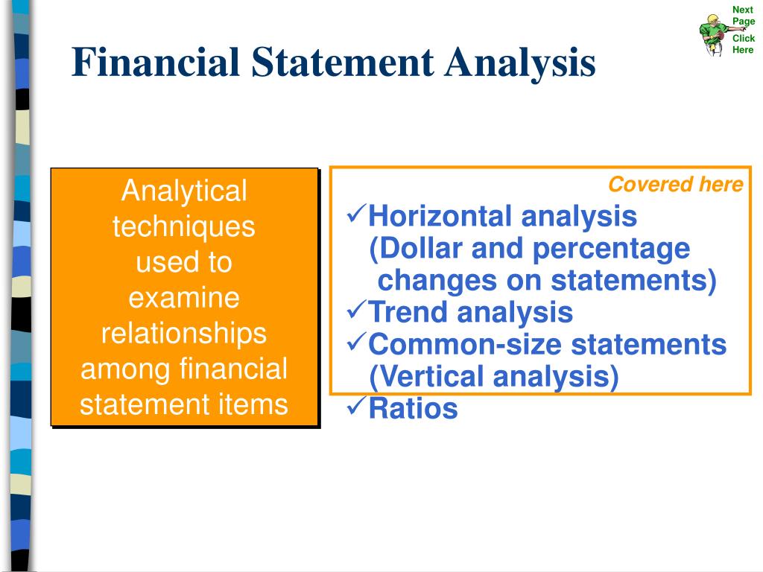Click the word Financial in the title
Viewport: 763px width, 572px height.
pyautogui.click(x=156, y=63)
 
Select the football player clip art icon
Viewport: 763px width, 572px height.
pyautogui.click(x=713, y=34)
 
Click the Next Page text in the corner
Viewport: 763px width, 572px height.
pyautogui.click(x=743, y=16)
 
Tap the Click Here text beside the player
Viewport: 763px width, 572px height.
pyautogui.click(x=743, y=44)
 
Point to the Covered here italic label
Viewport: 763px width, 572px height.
pyautogui.click(x=675, y=185)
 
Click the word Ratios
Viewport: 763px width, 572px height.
pyautogui.click(x=413, y=409)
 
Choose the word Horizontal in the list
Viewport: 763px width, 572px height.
pyautogui.click(x=441, y=217)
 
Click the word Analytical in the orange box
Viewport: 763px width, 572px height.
pyautogui.click(x=183, y=192)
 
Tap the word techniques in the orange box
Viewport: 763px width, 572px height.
pyautogui.click(x=183, y=227)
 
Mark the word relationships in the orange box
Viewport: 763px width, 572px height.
pyautogui.click(x=183, y=334)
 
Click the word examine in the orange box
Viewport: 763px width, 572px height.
pyautogui.click(x=183, y=299)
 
